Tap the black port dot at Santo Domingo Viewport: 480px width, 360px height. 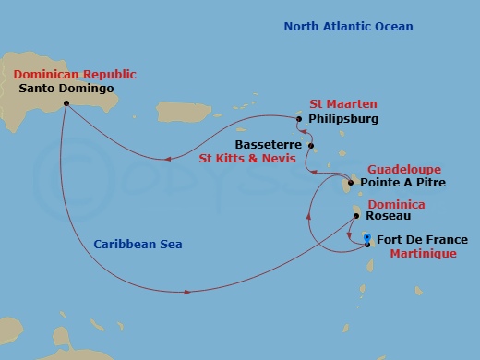coord(66,104)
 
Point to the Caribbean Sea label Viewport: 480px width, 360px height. coord(138,245)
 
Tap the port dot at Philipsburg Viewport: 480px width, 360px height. coord(299,118)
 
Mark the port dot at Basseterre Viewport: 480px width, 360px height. coord(311,146)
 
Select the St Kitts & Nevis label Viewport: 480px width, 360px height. coord(248,158)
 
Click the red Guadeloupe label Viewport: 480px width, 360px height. coord(403,170)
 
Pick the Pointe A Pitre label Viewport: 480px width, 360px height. coord(409,184)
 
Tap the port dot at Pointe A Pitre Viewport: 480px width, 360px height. coord(350,183)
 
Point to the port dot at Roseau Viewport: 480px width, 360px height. coord(355,216)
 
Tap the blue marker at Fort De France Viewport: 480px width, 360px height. coord(367,238)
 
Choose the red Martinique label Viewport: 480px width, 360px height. coord(420,253)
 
